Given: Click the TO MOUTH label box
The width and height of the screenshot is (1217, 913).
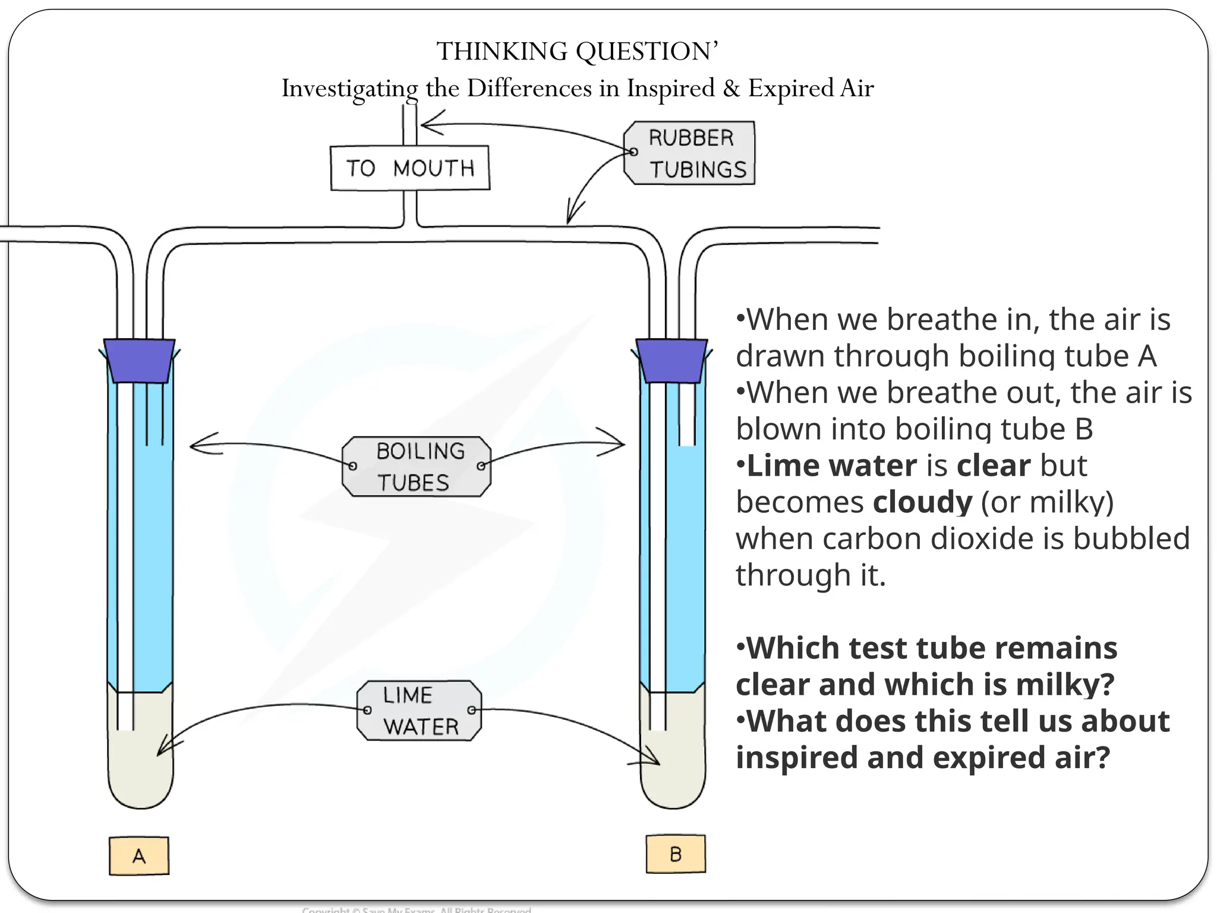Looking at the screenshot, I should [x=410, y=168].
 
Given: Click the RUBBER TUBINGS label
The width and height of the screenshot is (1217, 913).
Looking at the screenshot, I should [x=690, y=153].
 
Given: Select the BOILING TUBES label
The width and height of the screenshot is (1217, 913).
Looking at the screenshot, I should [x=417, y=467].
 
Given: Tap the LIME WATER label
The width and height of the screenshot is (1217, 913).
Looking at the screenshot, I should [x=420, y=710].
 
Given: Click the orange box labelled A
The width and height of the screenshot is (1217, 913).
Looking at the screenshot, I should [x=139, y=856].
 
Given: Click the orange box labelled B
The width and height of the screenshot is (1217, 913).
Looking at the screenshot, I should [x=676, y=854].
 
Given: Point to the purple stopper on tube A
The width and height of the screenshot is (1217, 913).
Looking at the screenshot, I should [x=139, y=360].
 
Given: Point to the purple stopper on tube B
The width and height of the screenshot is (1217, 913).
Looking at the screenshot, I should [x=671, y=360].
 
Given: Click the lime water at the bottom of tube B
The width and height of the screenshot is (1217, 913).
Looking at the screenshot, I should [x=673, y=767].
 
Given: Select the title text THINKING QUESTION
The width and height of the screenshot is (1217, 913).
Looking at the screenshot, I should [x=577, y=52].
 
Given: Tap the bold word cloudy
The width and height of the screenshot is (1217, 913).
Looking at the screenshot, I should [x=922, y=502].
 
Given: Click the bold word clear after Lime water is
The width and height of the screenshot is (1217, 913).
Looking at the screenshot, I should [x=993, y=465].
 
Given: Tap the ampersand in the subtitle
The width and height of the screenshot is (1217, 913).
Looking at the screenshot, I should [x=732, y=89].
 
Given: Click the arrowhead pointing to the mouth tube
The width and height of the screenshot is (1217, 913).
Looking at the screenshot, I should [x=424, y=124].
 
